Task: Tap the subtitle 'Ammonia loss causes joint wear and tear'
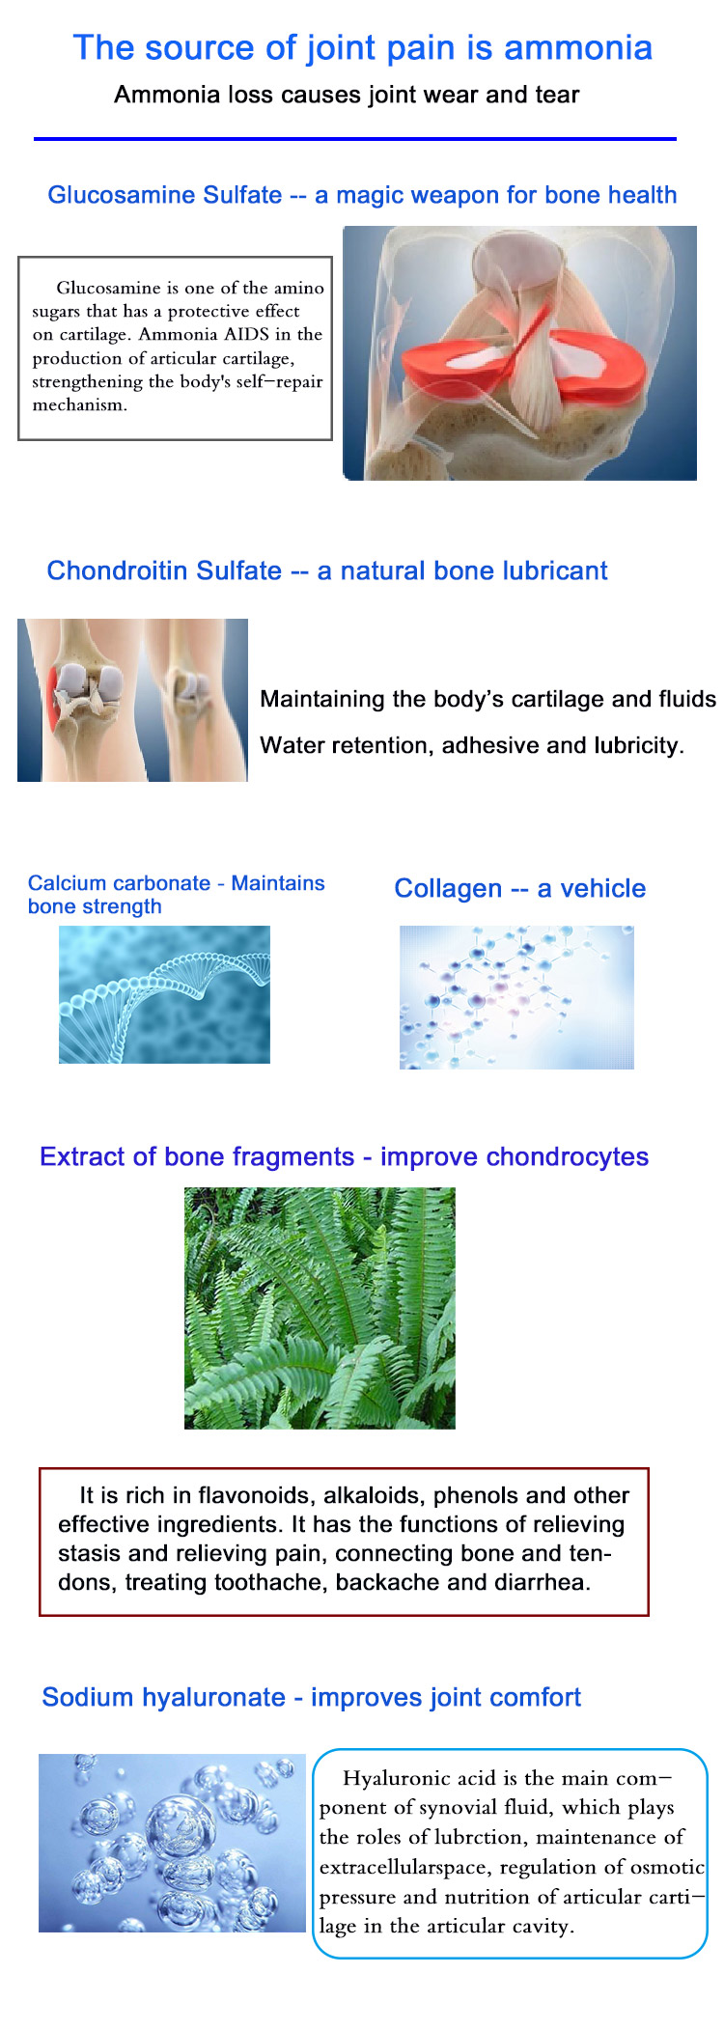pos(347,95)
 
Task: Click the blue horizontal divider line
pos(355,139)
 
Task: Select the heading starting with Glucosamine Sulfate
pos(362,195)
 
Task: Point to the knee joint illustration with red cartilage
pos(519,352)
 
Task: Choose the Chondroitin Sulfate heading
pos(327,570)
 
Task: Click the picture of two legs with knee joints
pos(132,700)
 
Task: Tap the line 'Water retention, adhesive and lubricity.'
pos(472,745)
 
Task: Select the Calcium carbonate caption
pos(177,895)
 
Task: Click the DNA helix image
pos(164,994)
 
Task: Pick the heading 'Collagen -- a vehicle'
pos(520,888)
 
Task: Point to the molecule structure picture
pos(516,997)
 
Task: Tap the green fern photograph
pos(320,1308)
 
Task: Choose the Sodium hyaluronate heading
pos(311,1697)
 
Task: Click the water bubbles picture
pos(172,1843)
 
